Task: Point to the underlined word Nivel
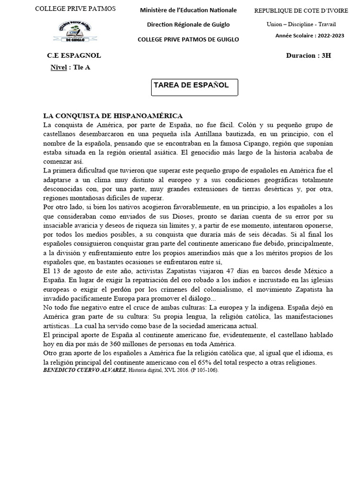click(59, 67)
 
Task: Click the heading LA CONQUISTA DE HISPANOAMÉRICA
click(113, 116)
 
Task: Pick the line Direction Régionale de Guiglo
click(188, 24)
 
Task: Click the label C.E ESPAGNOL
click(74, 55)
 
